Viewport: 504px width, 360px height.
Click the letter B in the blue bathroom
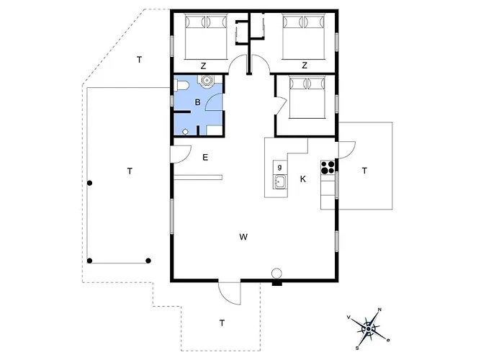198,102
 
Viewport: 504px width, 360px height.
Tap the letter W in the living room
243,237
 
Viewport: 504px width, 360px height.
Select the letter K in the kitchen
303,179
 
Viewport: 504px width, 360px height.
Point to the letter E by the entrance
205,158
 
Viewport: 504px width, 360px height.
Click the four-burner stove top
328,167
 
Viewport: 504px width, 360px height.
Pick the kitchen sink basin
279,182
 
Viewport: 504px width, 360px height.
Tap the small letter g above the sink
279,167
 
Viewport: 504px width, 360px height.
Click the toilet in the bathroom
183,86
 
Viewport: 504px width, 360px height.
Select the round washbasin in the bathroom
206,80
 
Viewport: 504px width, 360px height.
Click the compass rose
369,329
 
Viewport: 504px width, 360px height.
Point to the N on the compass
379,310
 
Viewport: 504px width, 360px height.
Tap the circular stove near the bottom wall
276,274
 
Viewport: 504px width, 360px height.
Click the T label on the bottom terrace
222,323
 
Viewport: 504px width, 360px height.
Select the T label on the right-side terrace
364,171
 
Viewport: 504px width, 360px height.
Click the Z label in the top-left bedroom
203,66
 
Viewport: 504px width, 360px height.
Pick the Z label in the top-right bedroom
305,66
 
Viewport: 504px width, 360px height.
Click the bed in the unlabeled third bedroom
307,97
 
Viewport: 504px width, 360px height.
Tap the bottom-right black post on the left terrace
148,261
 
